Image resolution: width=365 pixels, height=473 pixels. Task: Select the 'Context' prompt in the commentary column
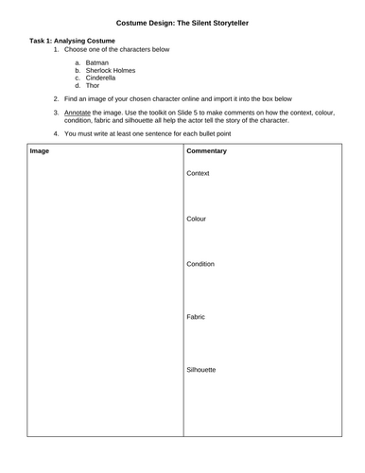[198, 173]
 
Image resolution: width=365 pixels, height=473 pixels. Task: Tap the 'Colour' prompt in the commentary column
[197, 219]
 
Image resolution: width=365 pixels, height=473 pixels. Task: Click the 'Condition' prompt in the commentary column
[200, 264]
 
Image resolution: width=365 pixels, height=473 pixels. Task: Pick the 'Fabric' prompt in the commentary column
[197, 317]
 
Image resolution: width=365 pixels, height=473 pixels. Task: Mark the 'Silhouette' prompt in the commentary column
[202, 369]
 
